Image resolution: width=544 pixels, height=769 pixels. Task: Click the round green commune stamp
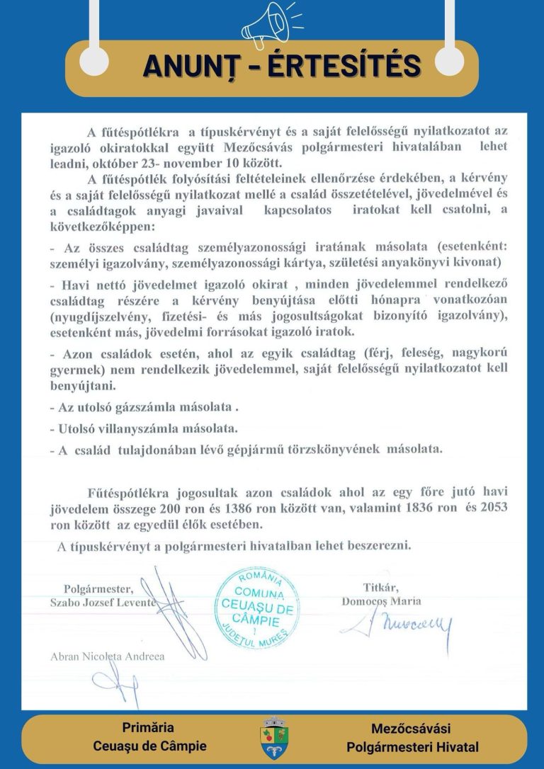tap(257, 604)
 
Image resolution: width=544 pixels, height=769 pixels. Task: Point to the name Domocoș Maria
tap(381, 601)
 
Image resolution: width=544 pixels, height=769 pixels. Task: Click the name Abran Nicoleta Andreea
tap(108, 656)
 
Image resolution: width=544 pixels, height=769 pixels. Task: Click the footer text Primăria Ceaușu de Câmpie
tap(149, 736)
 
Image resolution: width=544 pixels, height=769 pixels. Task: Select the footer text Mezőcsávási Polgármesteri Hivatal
tap(412, 737)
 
